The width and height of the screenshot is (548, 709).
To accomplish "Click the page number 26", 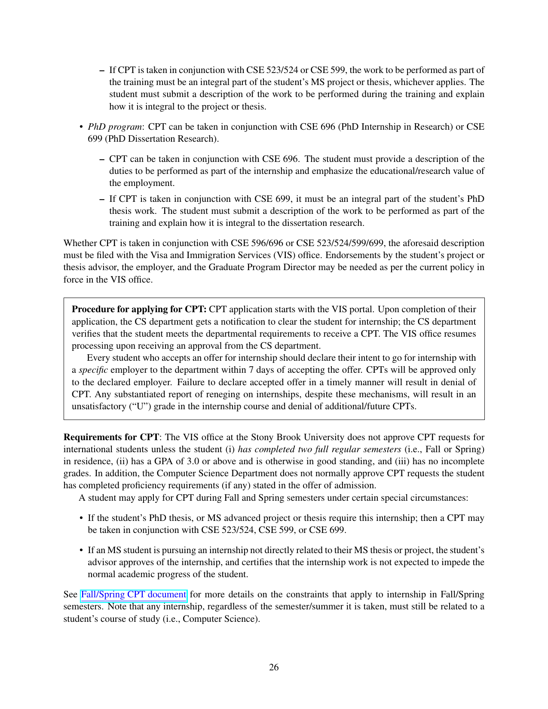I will [x=274, y=667].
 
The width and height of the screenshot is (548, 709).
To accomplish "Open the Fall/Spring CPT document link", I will [x=133, y=594].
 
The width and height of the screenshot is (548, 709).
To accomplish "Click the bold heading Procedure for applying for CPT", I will [x=139, y=309].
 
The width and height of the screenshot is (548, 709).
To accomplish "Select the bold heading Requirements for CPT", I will [x=111, y=437].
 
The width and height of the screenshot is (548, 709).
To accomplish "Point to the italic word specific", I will [x=93, y=370].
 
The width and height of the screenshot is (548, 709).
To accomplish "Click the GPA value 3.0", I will [x=193, y=461].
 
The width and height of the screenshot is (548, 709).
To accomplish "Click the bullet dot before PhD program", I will [x=81, y=127].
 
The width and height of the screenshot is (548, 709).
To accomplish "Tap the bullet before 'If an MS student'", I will [x=81, y=551].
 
